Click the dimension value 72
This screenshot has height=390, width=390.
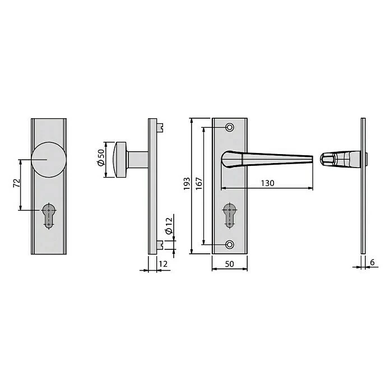[x=17, y=183]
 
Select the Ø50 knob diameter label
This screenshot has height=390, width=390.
[x=101, y=157]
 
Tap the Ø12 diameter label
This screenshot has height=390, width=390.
[x=169, y=226]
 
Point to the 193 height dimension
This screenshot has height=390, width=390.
[x=187, y=184]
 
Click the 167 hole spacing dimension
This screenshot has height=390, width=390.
[x=199, y=184]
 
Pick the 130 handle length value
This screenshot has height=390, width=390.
[x=268, y=183]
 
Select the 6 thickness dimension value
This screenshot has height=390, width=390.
[x=372, y=262]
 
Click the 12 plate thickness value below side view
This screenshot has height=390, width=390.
[x=163, y=264]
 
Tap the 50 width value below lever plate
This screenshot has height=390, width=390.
[x=229, y=264]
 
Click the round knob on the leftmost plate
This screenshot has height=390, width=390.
[x=49, y=160]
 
